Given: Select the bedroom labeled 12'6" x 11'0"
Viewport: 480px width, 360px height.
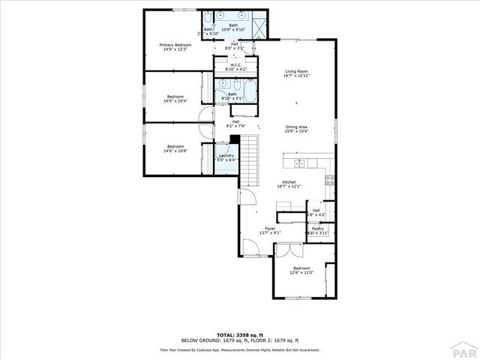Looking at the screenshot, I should click(301, 271).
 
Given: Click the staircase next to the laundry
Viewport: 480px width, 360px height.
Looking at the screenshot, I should click(248, 161).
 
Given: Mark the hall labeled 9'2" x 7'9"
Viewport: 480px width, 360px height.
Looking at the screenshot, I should click(235, 124).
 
